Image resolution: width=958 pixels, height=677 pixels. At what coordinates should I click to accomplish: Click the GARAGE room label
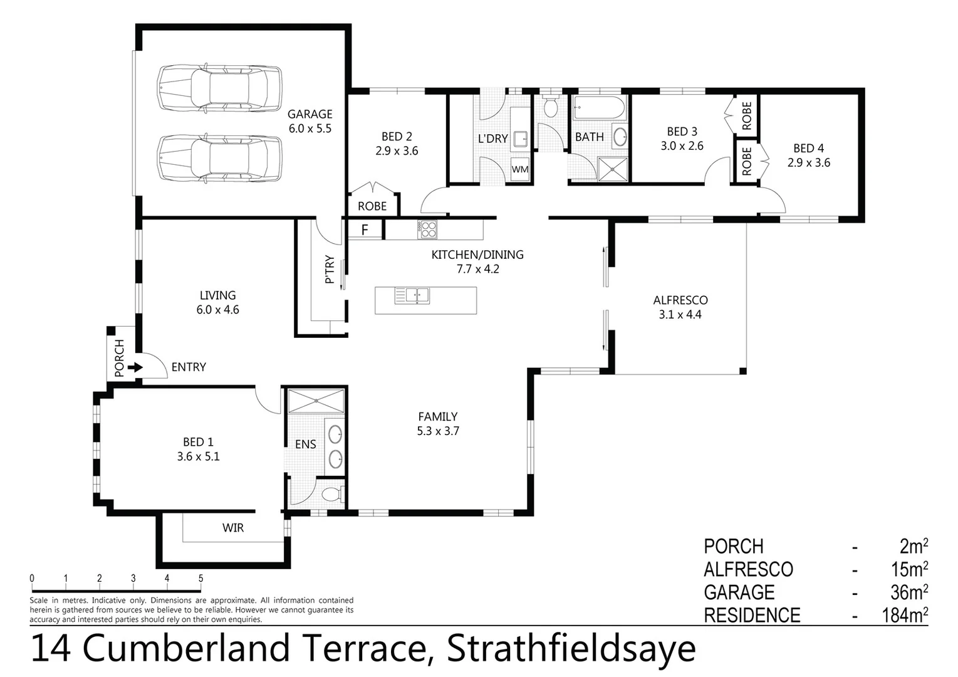click(310, 114)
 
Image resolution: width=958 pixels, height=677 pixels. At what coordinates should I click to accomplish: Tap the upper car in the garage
click(219, 88)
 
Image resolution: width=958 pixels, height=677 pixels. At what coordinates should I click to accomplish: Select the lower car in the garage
click(219, 158)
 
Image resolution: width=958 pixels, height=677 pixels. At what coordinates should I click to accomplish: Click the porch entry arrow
click(135, 367)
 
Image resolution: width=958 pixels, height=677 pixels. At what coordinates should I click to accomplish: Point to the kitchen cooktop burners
click(429, 229)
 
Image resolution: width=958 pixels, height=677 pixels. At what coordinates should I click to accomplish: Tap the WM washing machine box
click(520, 169)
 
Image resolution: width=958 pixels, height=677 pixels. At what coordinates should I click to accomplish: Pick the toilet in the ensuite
click(331, 495)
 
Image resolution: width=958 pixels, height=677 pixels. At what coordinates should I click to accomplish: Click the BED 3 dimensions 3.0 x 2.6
click(682, 146)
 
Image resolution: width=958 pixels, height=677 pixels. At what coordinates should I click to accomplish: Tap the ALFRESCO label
click(680, 300)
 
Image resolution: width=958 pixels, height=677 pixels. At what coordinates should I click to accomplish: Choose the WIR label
click(232, 528)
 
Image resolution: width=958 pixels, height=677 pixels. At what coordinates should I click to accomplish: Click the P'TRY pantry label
click(330, 270)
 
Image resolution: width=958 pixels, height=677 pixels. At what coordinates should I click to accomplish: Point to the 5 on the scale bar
click(200, 579)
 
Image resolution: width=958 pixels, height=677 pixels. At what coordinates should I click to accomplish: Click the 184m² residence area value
click(905, 615)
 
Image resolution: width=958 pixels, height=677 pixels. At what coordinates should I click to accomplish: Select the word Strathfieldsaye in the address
click(571, 649)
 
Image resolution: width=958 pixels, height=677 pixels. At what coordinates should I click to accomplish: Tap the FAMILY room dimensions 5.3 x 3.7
click(438, 431)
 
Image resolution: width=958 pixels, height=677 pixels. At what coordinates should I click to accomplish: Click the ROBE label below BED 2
click(372, 206)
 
